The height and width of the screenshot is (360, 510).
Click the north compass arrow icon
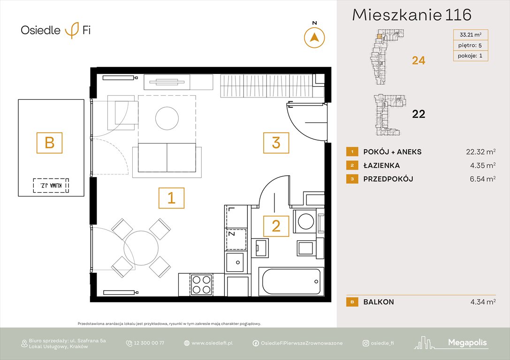click(314, 37)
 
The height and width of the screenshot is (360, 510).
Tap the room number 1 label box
click(171, 198)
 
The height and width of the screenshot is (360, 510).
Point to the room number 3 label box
click(276, 142)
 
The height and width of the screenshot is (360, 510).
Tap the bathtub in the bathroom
click(291, 281)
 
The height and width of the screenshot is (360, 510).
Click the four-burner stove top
click(201, 284)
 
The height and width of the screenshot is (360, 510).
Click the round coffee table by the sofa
click(167, 119)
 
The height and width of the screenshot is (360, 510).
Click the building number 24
click(419, 60)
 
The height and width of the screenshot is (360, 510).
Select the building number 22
click(419, 113)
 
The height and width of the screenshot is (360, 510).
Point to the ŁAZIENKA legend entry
click(381, 165)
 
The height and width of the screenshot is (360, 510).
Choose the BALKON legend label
click(378, 302)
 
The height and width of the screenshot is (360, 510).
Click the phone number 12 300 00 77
click(149, 343)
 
